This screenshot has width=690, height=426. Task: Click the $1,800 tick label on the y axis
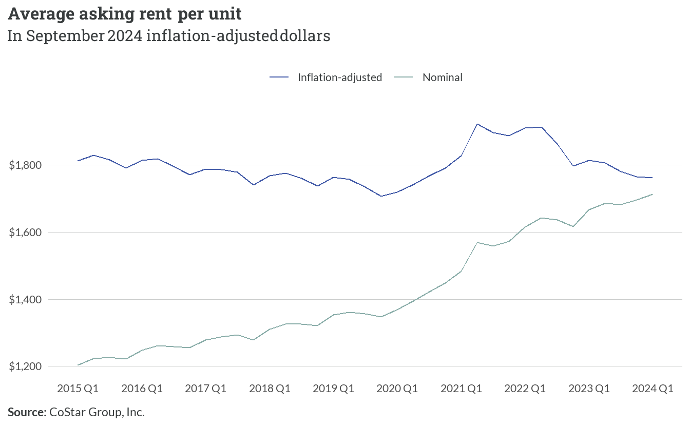(x=25, y=165)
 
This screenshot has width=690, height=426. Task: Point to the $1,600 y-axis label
(x=25, y=233)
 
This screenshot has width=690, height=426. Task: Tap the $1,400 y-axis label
(x=25, y=299)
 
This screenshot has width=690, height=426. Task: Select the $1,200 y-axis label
(x=25, y=366)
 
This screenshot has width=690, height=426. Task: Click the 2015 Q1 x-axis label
(x=78, y=389)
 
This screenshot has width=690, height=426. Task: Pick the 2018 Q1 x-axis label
(x=270, y=389)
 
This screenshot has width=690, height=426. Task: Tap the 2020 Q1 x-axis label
(x=397, y=389)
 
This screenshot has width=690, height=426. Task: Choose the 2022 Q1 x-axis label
(x=525, y=389)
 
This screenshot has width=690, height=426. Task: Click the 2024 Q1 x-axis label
(x=653, y=389)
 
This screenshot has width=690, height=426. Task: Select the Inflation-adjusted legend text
(x=340, y=78)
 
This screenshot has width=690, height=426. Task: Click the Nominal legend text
(x=443, y=78)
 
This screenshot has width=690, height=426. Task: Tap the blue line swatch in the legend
(x=279, y=78)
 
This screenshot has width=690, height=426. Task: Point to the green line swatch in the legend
(x=403, y=78)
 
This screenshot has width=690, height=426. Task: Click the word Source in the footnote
(x=27, y=412)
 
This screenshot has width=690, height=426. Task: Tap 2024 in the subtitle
(x=125, y=36)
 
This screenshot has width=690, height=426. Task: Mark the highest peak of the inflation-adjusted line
(x=477, y=124)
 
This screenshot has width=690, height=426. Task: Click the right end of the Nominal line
(x=653, y=195)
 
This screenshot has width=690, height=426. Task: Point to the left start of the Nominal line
(x=78, y=365)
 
